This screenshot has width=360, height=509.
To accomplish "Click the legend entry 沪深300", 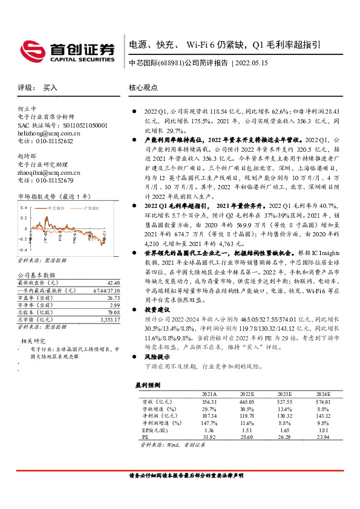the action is (x=98, y=208).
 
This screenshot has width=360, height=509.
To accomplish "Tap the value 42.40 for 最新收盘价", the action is (x=113, y=282).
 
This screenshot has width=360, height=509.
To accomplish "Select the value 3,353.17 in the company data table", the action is (x=109, y=319).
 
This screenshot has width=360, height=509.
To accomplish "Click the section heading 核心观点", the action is (x=143, y=87).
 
